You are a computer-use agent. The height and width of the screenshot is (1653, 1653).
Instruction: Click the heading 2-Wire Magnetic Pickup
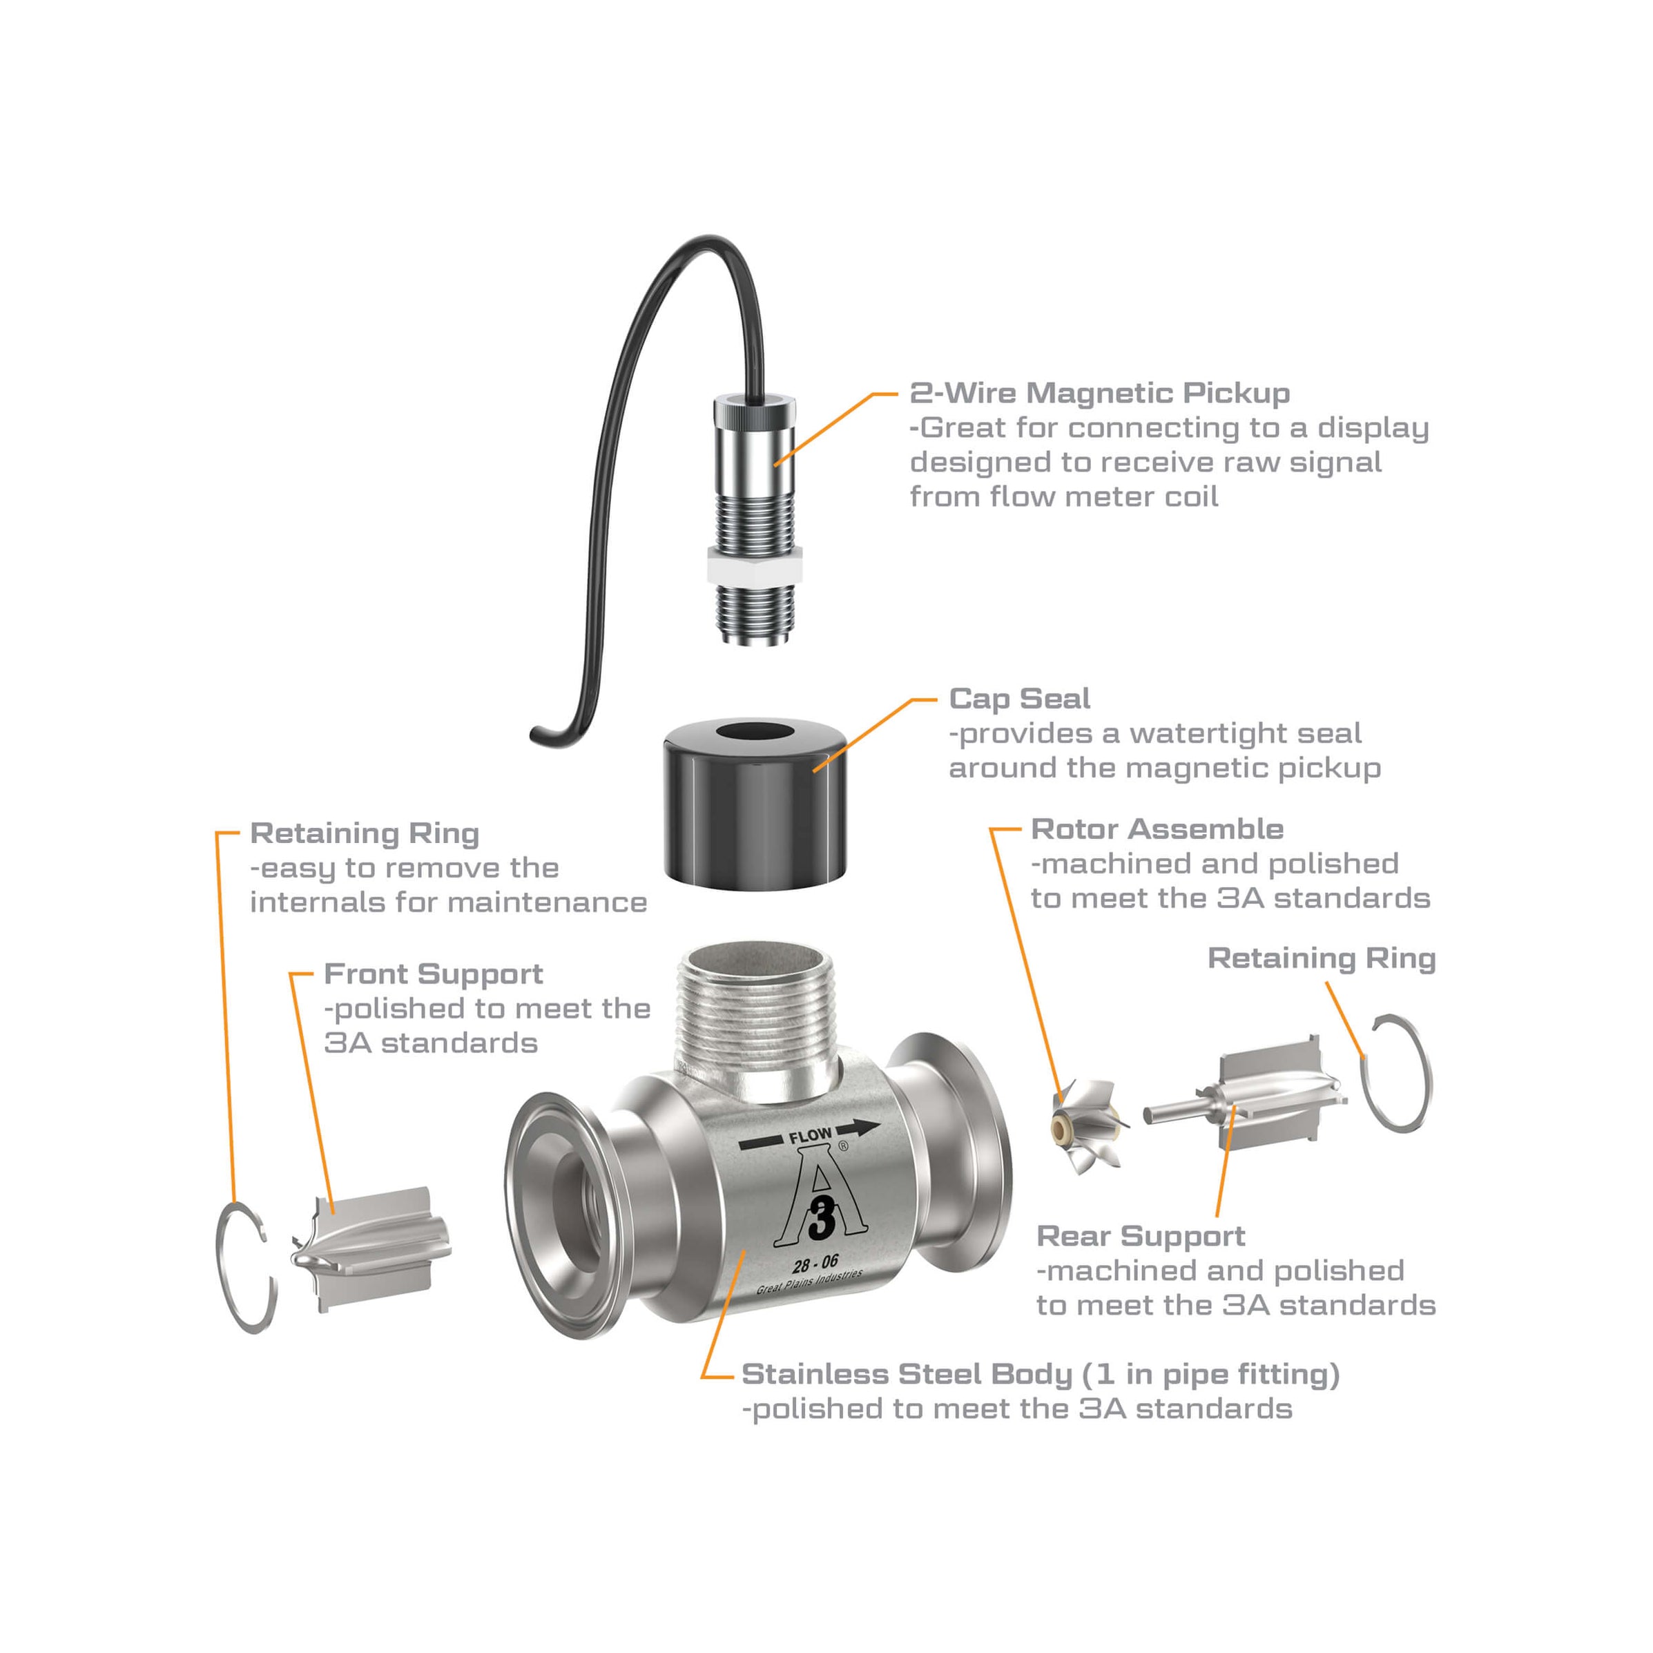click(x=1099, y=394)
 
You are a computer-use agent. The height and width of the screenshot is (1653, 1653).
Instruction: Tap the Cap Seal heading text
click(x=1019, y=699)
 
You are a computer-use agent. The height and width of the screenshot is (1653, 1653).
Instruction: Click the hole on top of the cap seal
click(x=754, y=734)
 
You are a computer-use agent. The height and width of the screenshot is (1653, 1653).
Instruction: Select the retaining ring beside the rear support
click(x=1395, y=1074)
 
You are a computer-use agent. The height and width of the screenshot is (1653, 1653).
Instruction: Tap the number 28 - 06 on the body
click(x=815, y=1264)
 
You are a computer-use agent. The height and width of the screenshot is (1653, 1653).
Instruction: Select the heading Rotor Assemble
click(x=1157, y=829)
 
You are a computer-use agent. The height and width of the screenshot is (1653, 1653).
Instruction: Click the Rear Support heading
click(x=1140, y=1237)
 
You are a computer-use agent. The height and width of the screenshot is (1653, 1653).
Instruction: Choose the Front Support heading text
click(x=433, y=974)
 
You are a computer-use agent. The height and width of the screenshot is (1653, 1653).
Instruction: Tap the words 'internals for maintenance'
click(x=448, y=902)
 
